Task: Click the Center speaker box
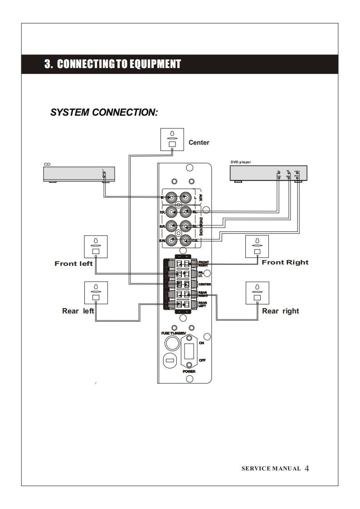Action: pyautogui.click(x=172, y=139)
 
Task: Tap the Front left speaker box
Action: pyautogui.click(x=96, y=246)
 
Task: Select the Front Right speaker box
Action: pyautogui.click(x=257, y=246)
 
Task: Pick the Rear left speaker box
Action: pyautogui.click(x=96, y=293)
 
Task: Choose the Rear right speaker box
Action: pyautogui.click(x=257, y=293)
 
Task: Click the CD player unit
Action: pyautogui.click(x=79, y=174)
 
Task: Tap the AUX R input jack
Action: pyautogui.click(x=171, y=198)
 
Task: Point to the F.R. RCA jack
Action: pyautogui.click(x=171, y=212)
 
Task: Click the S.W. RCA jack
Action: pyautogui.click(x=171, y=240)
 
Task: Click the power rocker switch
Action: pyautogui.click(x=189, y=351)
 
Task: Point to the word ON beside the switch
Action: pyautogui.click(x=201, y=343)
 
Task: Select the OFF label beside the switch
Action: pyautogui.click(x=202, y=361)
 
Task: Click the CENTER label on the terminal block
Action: pyautogui.click(x=204, y=284)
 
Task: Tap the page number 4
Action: pyautogui.click(x=307, y=468)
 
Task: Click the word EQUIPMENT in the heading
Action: pyautogui.click(x=155, y=64)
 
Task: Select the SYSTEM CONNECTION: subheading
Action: pyautogui.click(x=104, y=112)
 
